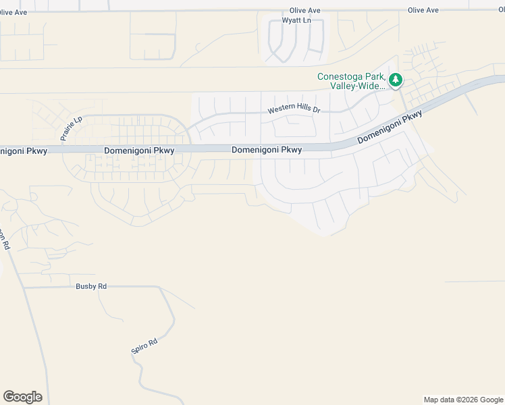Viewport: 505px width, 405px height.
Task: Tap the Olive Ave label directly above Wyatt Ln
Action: (x=304, y=11)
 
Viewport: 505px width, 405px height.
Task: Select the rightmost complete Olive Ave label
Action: (x=423, y=10)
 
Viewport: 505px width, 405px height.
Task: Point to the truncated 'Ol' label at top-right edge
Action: (x=501, y=10)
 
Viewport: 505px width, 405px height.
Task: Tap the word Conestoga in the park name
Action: (x=342, y=76)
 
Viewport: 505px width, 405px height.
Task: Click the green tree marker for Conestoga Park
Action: (x=396, y=80)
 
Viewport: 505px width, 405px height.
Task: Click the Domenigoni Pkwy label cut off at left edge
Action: (x=23, y=151)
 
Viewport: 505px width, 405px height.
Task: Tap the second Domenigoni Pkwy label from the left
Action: (x=139, y=151)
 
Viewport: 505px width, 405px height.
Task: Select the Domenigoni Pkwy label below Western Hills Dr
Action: (x=266, y=150)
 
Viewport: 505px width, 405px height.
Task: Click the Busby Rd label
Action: (x=91, y=286)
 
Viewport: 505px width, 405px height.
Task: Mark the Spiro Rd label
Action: (x=144, y=347)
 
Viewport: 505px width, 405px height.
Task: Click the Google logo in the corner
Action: (x=22, y=397)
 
